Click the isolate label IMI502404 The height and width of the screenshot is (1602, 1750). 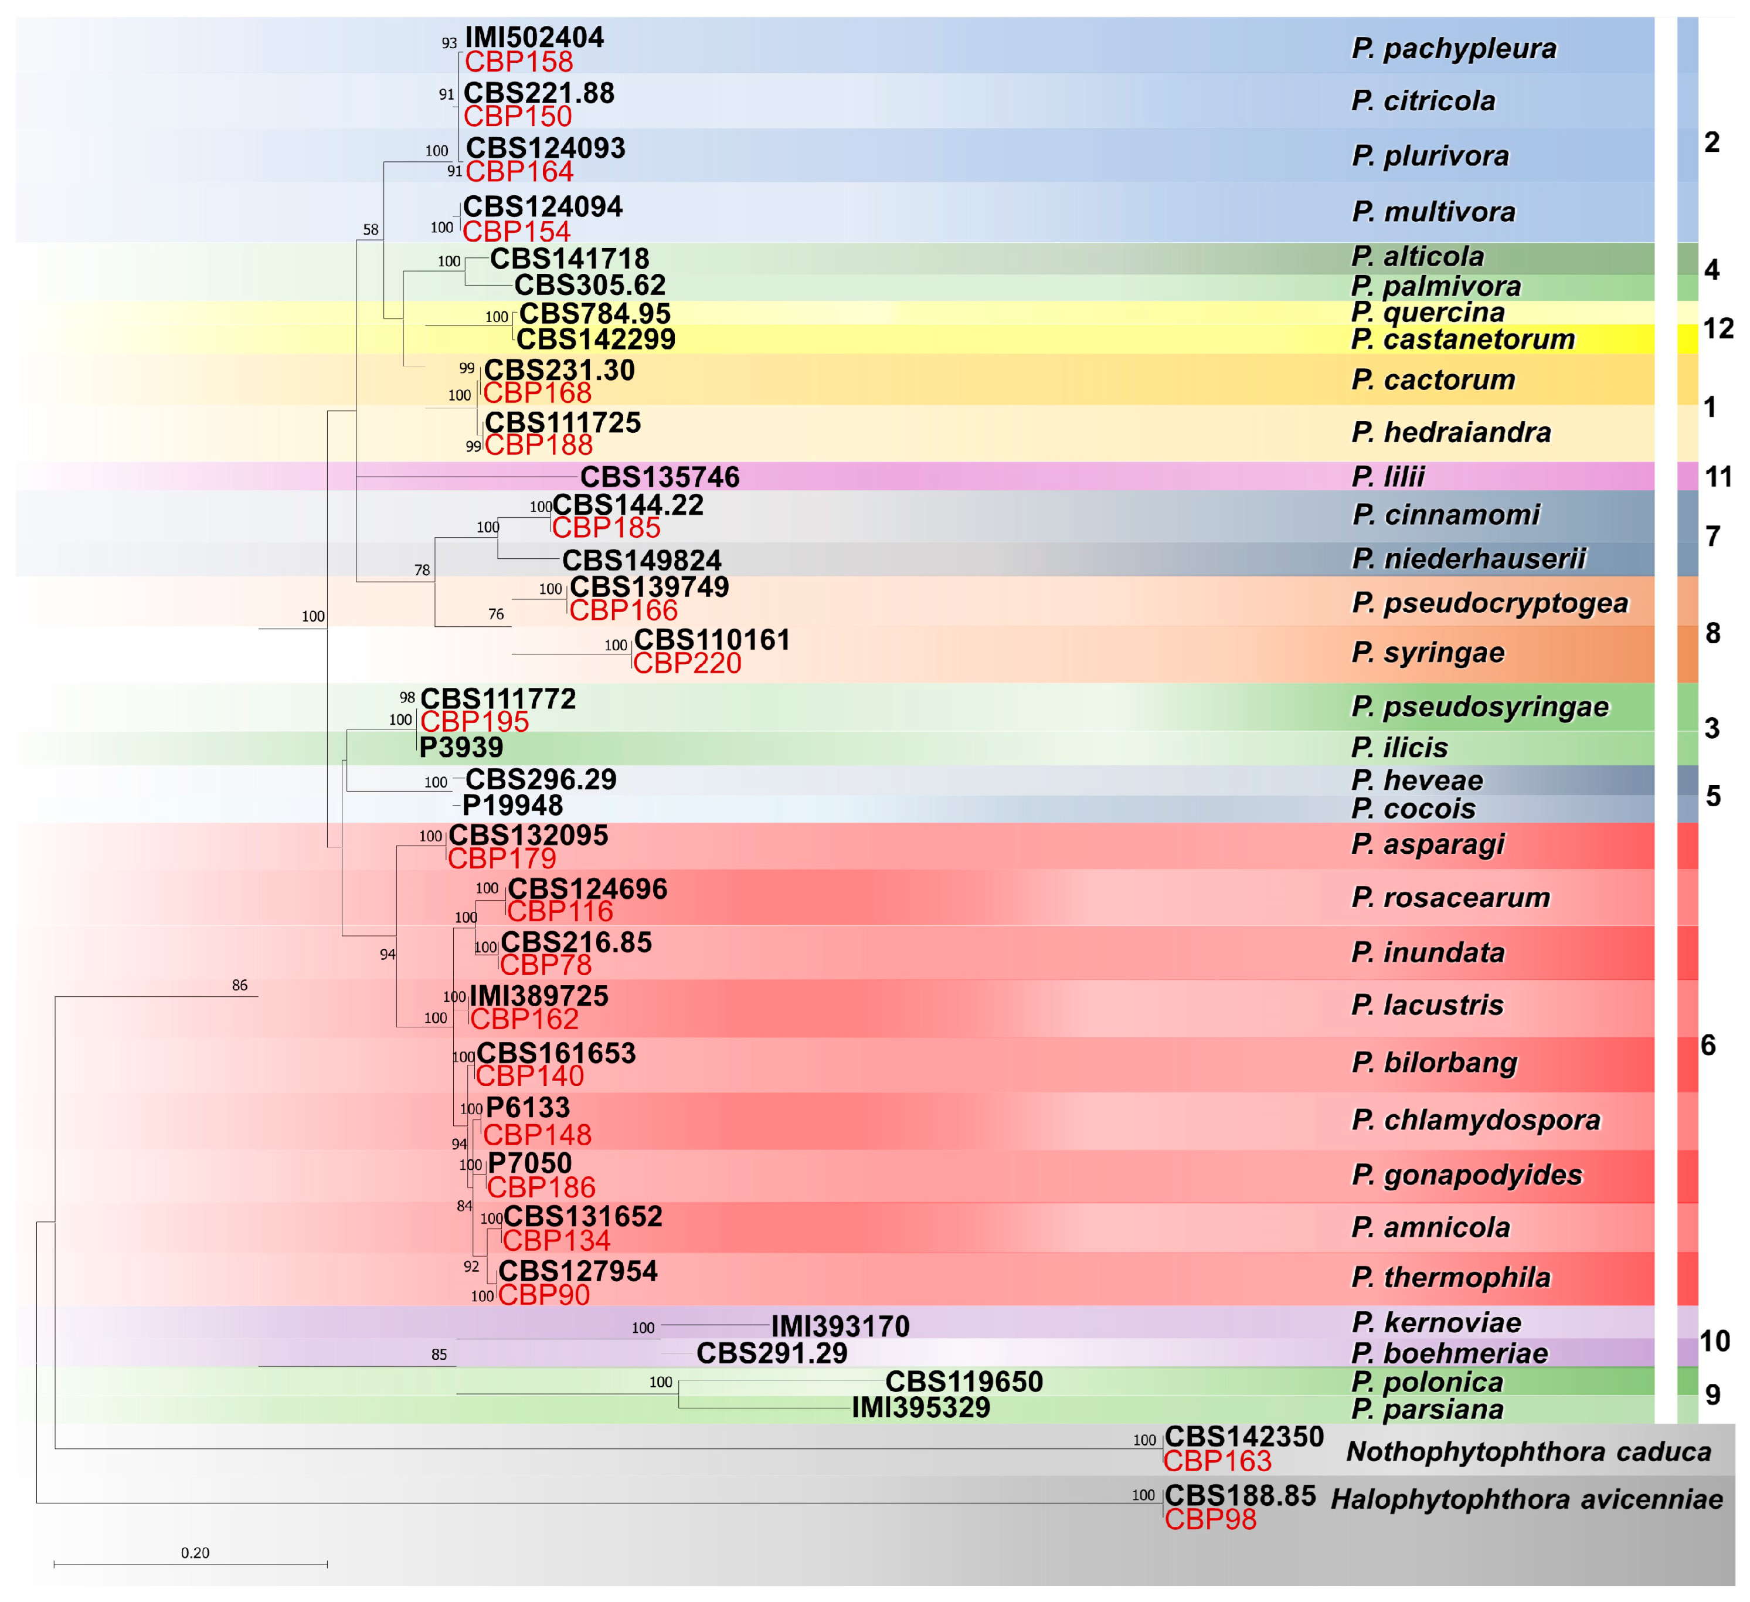pos(534,38)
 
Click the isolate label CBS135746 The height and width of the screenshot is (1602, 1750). pos(660,477)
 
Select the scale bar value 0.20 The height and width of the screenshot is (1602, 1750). pos(195,1553)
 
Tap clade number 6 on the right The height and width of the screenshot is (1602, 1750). pos(1707,1046)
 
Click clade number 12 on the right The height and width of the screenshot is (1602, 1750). pos(1718,328)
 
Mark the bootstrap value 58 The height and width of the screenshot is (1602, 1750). pos(371,230)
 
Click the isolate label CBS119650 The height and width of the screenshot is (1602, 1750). pos(964,1382)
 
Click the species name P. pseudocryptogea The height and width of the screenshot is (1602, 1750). pos(1490,603)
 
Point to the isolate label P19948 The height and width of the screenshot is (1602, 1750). pos(512,805)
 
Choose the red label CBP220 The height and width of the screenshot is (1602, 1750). pos(687,663)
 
